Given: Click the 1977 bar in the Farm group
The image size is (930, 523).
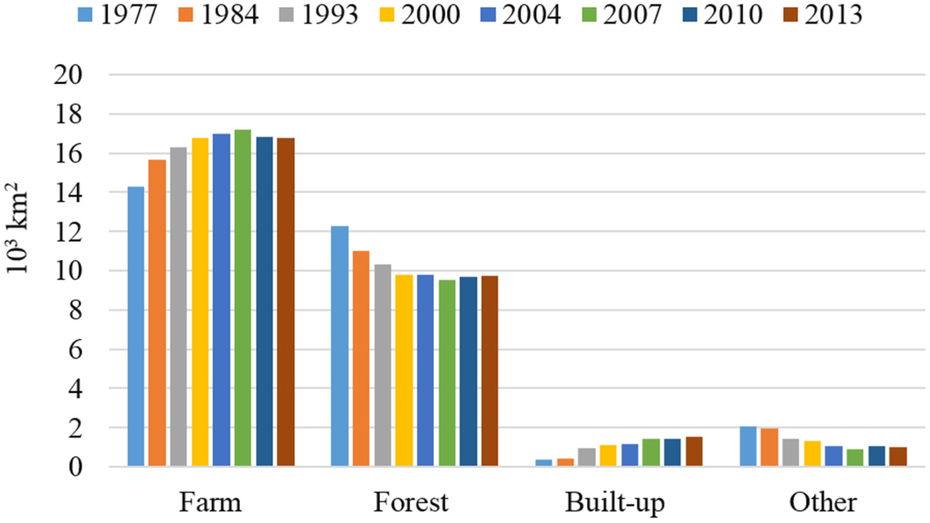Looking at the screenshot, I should [x=136, y=326].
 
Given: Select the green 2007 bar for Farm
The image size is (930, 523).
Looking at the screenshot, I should [x=243, y=298].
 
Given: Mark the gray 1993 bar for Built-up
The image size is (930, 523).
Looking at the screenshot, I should [x=587, y=457].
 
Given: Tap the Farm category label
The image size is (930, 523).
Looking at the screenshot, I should [x=211, y=502].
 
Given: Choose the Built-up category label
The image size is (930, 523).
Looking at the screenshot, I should [x=614, y=503].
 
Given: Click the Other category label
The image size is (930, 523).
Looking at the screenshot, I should [x=823, y=502].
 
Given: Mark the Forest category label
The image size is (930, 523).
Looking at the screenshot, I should [x=411, y=502].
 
